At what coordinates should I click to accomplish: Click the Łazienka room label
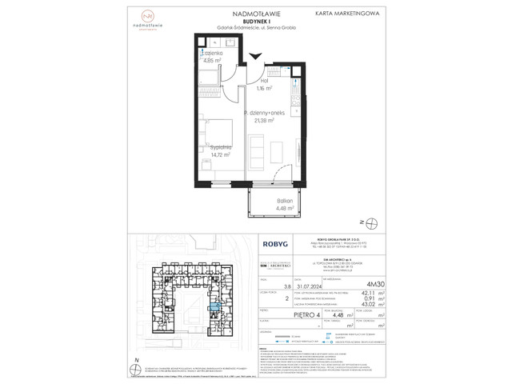point(212,52)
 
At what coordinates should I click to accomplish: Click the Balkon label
point(274,203)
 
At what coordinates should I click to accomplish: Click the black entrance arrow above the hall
point(255,55)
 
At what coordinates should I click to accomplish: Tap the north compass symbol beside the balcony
point(362,222)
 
